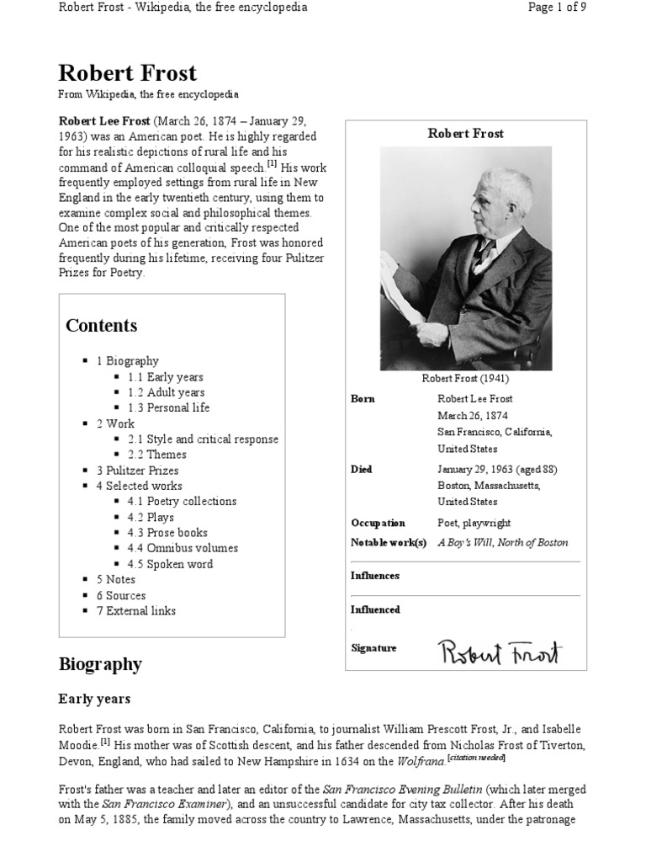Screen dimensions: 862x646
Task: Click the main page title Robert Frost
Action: pyautogui.click(x=127, y=72)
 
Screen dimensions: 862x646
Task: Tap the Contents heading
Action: pyautogui.click(x=101, y=326)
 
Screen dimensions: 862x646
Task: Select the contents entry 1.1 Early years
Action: pyautogui.click(x=165, y=377)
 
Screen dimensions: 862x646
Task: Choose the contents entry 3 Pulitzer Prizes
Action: pyautogui.click(x=137, y=471)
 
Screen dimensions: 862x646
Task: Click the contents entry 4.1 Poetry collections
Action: pyautogui.click(x=182, y=501)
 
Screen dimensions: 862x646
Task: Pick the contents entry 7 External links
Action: pyautogui.click(x=135, y=610)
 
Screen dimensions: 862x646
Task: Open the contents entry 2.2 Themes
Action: pyautogui.click(x=156, y=455)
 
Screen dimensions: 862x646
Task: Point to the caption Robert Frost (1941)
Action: pyautogui.click(x=465, y=379)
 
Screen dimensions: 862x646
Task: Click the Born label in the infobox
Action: pyautogui.click(x=363, y=399)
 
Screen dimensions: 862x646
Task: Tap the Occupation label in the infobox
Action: pyautogui.click(x=378, y=523)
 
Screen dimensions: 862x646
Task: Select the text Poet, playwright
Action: pyautogui.click(x=474, y=523)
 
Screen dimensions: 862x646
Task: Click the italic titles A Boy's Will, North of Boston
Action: pyautogui.click(x=502, y=543)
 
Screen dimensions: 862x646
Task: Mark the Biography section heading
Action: pyautogui.click(x=100, y=664)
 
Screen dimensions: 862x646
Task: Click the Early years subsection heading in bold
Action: pyautogui.click(x=94, y=699)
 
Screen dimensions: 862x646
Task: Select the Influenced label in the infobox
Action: pyautogui.click(x=375, y=609)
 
